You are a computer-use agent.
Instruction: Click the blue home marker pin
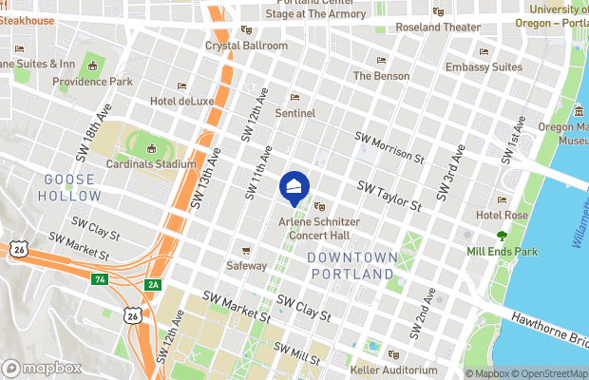click(x=294, y=186)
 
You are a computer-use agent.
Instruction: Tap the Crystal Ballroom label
click(x=246, y=45)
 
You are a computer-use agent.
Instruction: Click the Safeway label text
click(x=247, y=266)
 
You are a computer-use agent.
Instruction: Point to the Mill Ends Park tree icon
click(x=502, y=236)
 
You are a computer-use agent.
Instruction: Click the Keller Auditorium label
click(x=392, y=369)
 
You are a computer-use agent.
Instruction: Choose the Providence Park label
click(x=93, y=82)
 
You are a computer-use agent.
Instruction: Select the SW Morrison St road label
click(x=389, y=146)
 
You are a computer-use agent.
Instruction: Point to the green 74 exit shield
click(x=99, y=279)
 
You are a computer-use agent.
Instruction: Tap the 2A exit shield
click(x=152, y=284)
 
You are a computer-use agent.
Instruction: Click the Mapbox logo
click(x=41, y=368)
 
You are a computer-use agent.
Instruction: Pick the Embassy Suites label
click(x=484, y=67)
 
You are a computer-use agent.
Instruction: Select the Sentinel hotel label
click(x=294, y=112)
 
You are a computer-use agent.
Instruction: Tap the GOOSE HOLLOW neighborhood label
click(x=69, y=187)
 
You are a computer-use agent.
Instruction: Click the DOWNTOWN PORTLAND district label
click(x=351, y=265)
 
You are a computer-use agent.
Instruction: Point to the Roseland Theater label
click(x=437, y=27)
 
